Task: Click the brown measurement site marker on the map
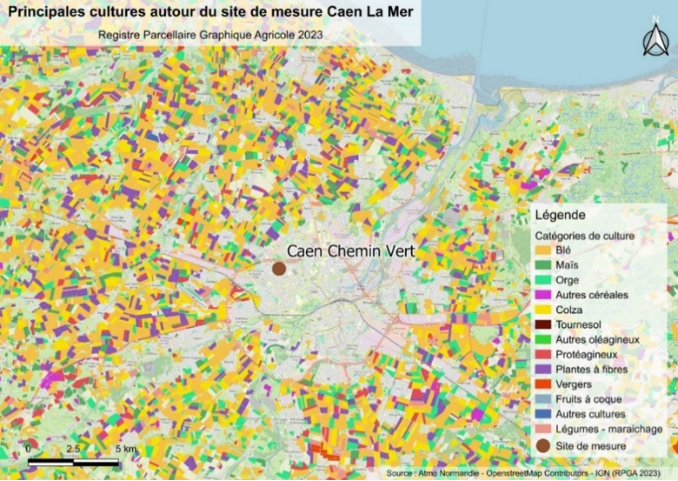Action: (x=279, y=269)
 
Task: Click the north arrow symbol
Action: (x=655, y=39)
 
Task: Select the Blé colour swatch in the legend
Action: (x=545, y=251)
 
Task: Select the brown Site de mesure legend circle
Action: (x=545, y=446)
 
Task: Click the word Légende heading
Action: (x=561, y=215)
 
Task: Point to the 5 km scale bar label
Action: (x=126, y=448)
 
